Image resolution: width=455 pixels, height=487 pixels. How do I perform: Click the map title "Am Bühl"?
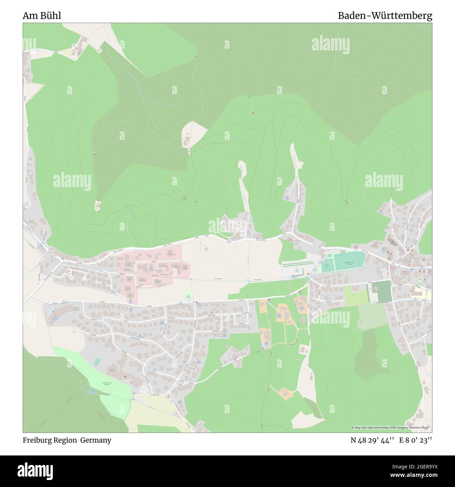(42, 16)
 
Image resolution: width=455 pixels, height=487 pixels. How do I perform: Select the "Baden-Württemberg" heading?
(385, 16)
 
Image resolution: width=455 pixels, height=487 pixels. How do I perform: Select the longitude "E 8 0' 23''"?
(416, 440)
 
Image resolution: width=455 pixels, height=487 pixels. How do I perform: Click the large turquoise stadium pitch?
(349, 262)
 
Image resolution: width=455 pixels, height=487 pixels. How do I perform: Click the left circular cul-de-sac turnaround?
(72, 277)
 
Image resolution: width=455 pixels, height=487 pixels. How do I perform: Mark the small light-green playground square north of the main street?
(188, 295)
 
